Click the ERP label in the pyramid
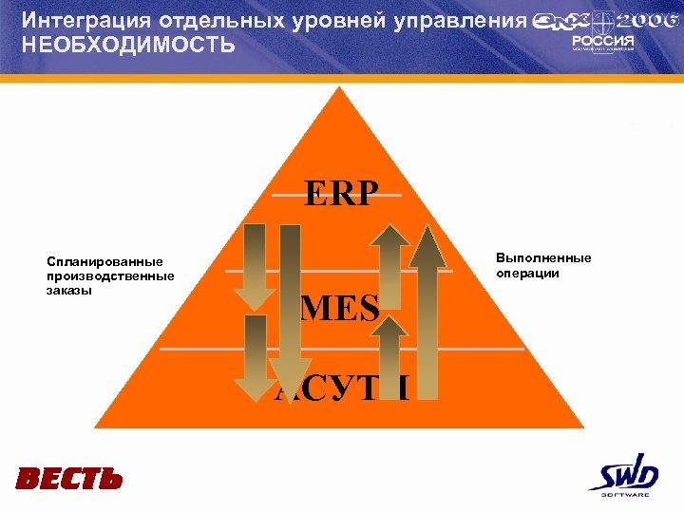(340, 193)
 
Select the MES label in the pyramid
(339, 307)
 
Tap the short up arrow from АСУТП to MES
(389, 356)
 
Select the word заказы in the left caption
(70, 291)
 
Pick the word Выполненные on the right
(543, 258)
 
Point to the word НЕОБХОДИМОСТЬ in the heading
(128, 45)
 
